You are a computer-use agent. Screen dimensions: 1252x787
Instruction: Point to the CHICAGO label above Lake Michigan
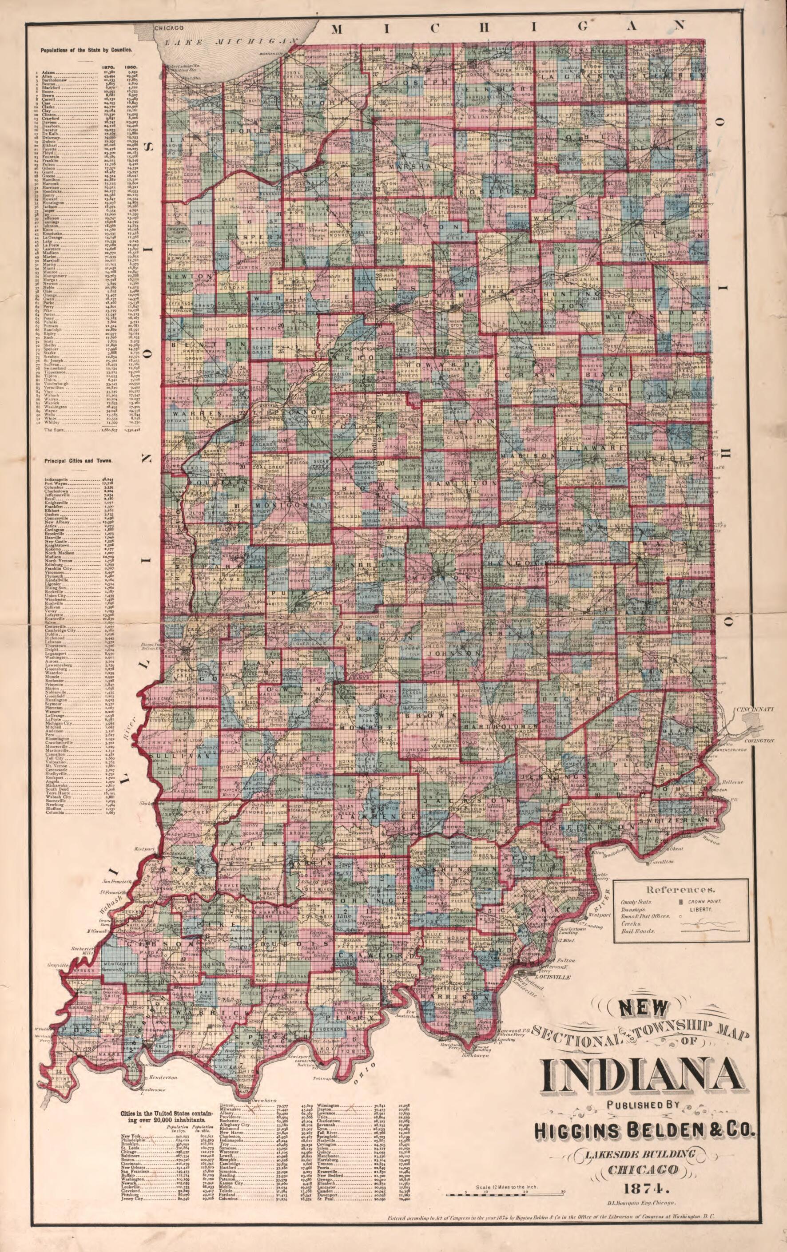pos(167,28)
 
